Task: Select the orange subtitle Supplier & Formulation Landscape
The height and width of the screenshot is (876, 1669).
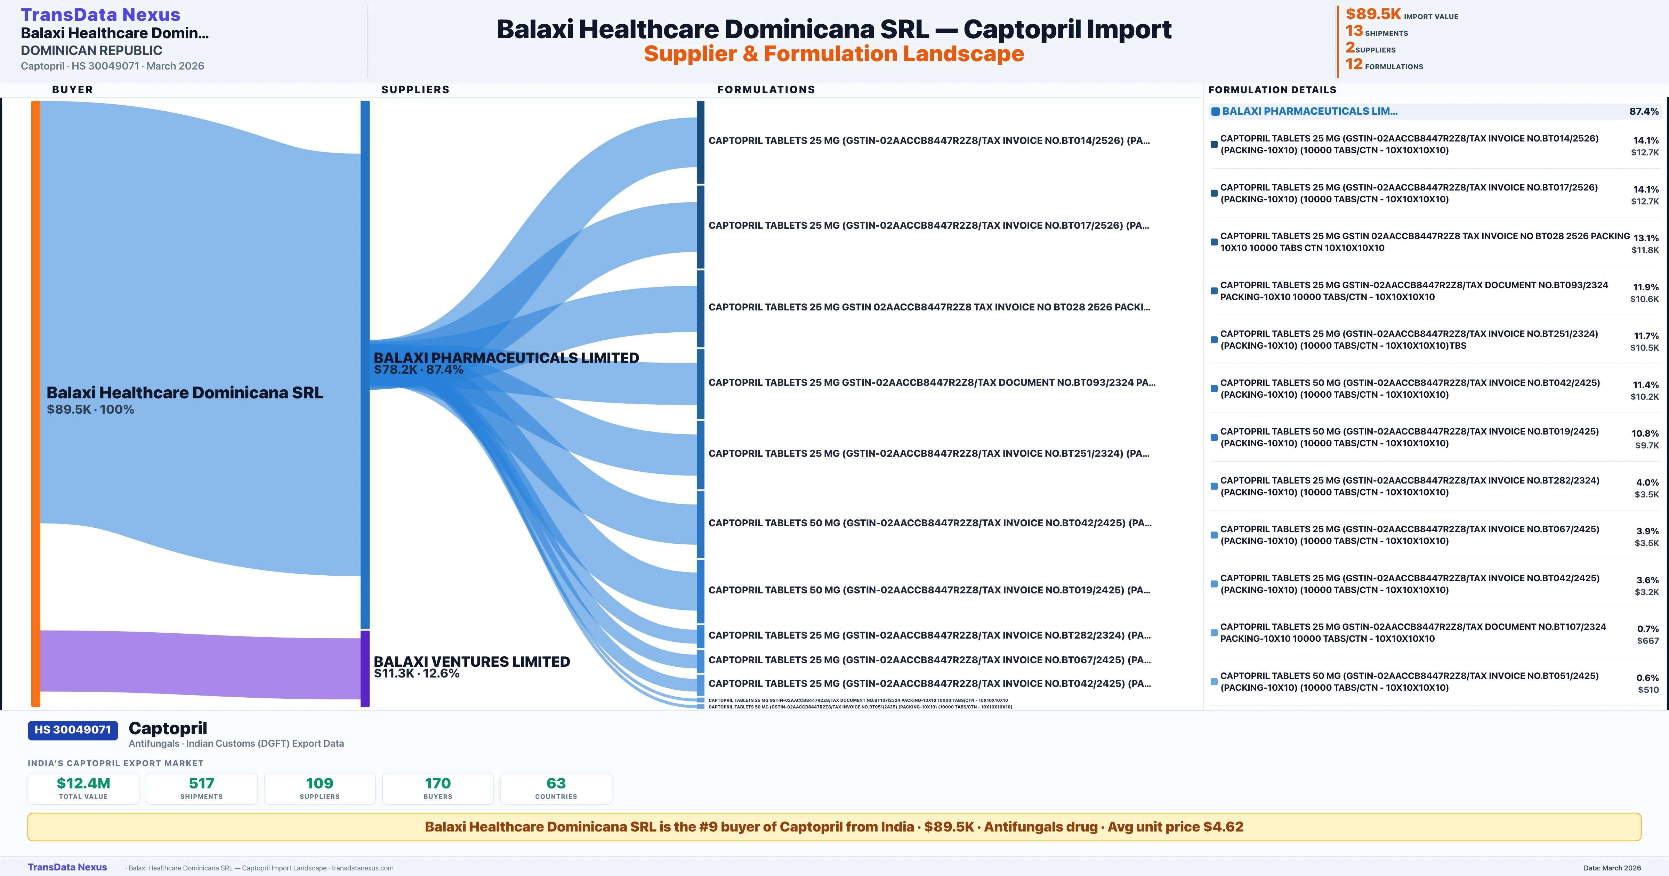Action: (834, 54)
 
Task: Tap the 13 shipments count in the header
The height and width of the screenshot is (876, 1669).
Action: (1354, 31)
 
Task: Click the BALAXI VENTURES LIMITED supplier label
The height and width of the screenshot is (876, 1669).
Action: (472, 662)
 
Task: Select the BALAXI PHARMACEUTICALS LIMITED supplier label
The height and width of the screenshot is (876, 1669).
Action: (506, 358)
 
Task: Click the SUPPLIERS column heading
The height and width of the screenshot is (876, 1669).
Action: (415, 89)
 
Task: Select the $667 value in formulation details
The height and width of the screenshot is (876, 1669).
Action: (1648, 641)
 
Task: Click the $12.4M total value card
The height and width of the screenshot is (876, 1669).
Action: (83, 788)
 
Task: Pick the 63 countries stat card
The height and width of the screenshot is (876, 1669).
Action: (556, 788)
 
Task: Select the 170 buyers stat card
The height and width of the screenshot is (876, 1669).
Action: (438, 788)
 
